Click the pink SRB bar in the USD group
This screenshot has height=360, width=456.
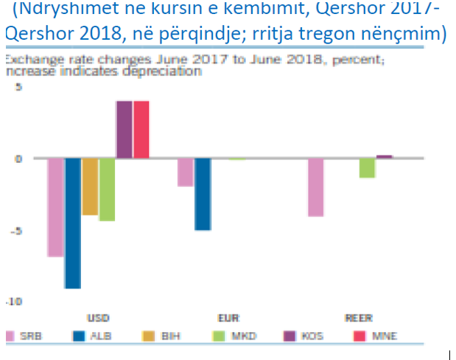(55, 207)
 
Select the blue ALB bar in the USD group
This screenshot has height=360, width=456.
(72, 223)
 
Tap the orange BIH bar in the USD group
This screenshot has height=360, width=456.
(90, 186)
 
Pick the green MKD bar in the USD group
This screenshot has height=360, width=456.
(107, 189)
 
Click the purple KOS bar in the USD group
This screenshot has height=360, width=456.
(124, 130)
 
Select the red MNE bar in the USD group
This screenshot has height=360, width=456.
(141, 130)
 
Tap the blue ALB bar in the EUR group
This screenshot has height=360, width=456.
(203, 194)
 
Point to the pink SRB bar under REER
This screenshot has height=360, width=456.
(315, 187)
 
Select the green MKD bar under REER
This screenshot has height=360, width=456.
(367, 168)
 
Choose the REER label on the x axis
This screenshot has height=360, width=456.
(358, 319)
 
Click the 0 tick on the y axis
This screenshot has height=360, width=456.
(18, 158)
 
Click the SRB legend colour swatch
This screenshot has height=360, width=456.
(10, 336)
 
